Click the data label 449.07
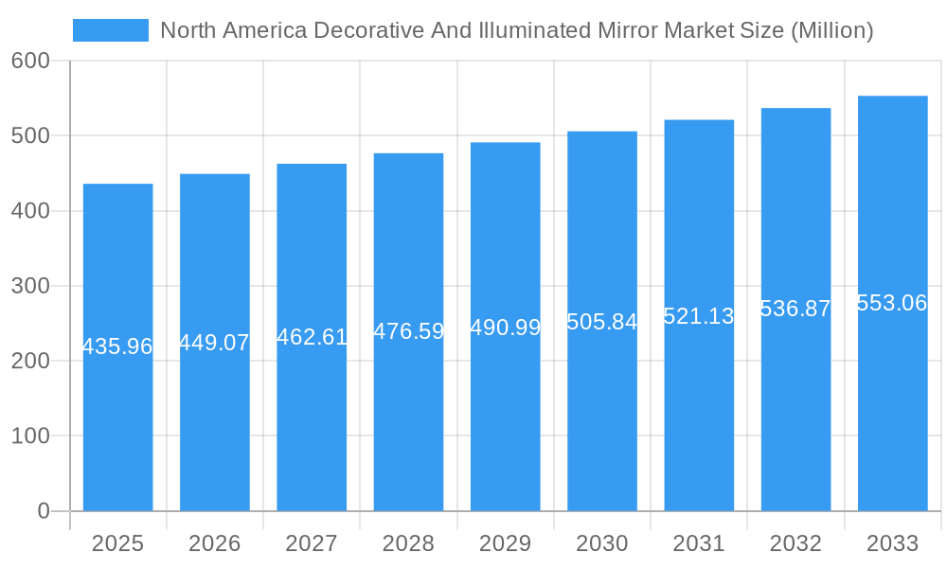214,343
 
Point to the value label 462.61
312,337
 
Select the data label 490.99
506,328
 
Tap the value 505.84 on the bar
602,322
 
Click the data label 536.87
795,309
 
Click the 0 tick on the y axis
44,511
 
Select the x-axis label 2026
214,543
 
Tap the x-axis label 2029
506,543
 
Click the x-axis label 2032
795,543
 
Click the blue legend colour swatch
111,30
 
